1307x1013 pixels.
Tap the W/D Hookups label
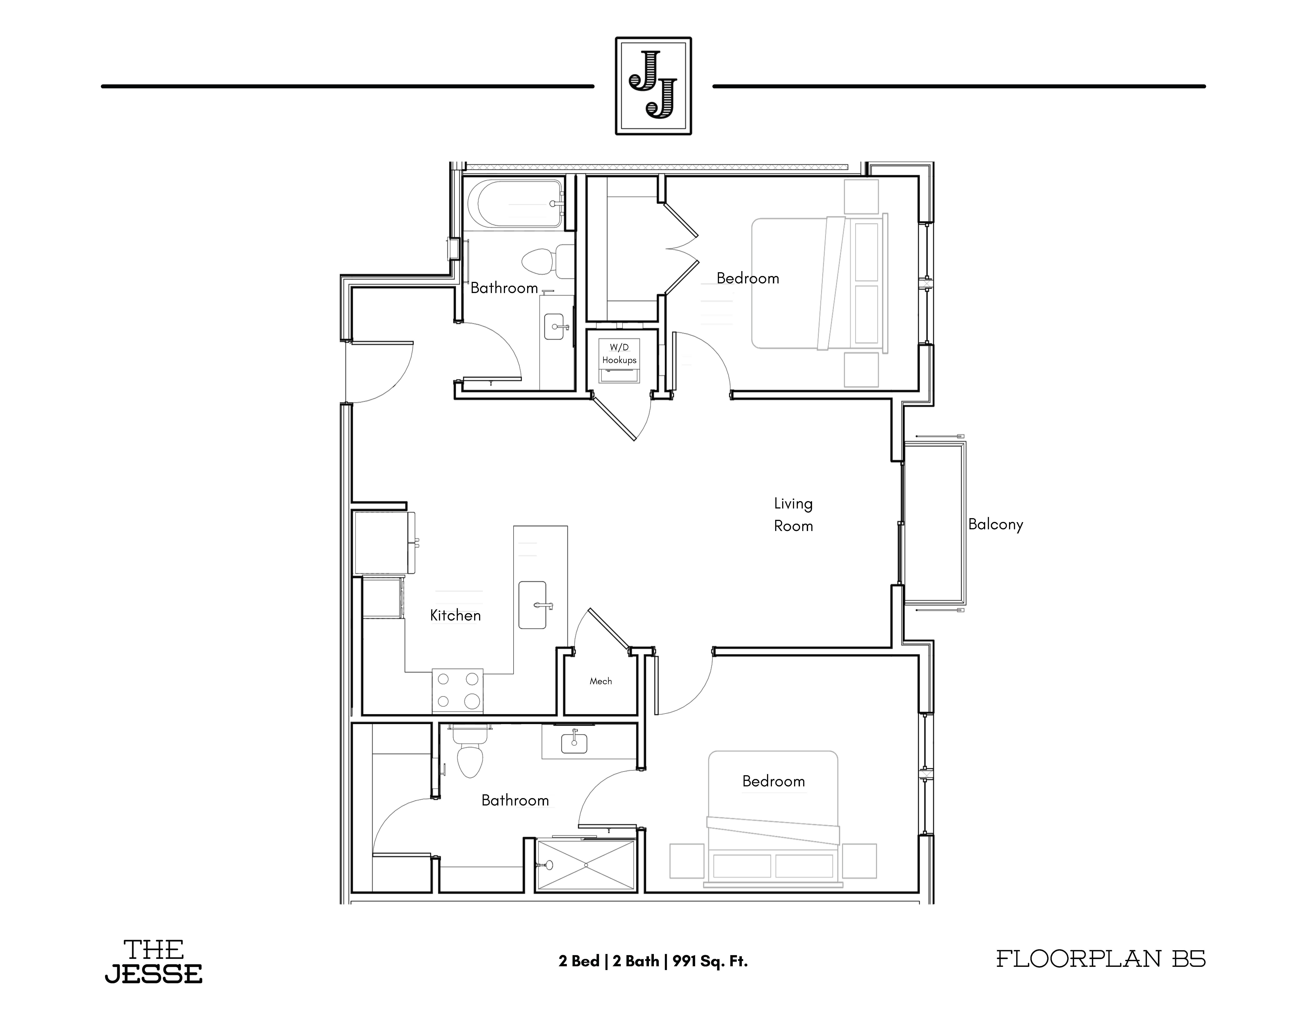coord(619,354)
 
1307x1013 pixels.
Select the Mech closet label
coord(601,681)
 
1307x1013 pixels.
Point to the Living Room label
coord(794,515)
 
